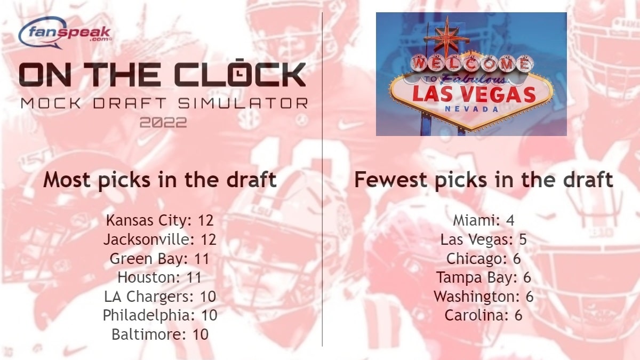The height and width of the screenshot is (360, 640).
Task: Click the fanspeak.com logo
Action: click(x=65, y=33)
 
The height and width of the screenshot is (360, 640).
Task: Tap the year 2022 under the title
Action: click(x=163, y=123)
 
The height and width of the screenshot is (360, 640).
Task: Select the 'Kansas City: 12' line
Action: click(x=160, y=221)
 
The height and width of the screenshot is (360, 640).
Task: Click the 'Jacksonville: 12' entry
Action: click(x=160, y=239)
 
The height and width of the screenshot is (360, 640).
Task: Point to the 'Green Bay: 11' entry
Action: click(x=160, y=259)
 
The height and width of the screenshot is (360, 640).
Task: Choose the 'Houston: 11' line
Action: click(x=160, y=277)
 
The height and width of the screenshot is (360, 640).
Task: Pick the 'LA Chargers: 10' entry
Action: click(x=160, y=297)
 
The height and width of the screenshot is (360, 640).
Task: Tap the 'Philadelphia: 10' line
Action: click(x=160, y=315)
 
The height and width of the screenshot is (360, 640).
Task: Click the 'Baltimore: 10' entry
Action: click(x=160, y=334)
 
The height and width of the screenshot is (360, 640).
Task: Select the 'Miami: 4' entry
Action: click(x=484, y=221)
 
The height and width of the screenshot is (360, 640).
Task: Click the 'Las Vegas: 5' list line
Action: click(x=484, y=239)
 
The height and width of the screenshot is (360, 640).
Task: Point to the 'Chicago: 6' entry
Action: click(x=484, y=259)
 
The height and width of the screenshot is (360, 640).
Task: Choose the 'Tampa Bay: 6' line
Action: click(x=484, y=277)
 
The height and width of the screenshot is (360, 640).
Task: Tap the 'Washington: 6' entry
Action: click(x=484, y=297)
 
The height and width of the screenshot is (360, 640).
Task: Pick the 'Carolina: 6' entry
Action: click(x=484, y=315)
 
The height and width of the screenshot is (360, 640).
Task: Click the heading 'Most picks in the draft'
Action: click(x=160, y=180)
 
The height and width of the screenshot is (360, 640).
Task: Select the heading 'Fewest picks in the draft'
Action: click(x=484, y=180)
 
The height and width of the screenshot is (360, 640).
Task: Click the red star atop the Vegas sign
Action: click(x=447, y=37)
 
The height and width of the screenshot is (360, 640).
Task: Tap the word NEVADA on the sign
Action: click(x=471, y=109)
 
